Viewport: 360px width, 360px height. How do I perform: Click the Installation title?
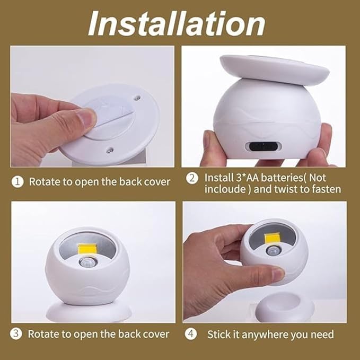(x=176, y=23)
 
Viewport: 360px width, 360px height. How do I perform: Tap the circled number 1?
(x=17, y=182)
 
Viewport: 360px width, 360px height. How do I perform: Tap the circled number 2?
(x=192, y=179)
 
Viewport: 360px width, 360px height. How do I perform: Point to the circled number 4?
(x=191, y=334)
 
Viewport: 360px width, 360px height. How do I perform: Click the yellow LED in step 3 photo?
(x=87, y=250)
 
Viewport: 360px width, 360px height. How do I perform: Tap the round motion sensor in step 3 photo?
(x=87, y=261)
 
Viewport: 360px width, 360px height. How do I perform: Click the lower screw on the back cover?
(x=109, y=151)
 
